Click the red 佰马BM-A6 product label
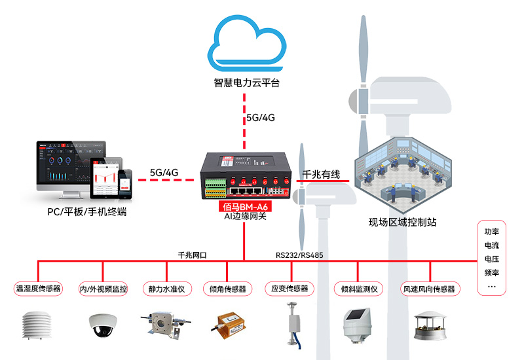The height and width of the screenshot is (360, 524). [x=244, y=206]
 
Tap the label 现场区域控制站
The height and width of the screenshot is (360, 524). [x=402, y=222]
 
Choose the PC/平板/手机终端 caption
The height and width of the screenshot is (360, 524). [x=87, y=212]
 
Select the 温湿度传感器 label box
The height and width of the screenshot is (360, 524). [x=38, y=289]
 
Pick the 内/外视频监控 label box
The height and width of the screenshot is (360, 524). [x=103, y=289]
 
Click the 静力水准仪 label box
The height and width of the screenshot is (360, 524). [x=166, y=289]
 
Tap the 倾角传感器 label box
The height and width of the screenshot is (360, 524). [x=227, y=289]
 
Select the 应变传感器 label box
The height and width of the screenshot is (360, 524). [x=291, y=289]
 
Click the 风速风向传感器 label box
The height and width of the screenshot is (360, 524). [x=429, y=289]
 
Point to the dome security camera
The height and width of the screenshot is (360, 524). [x=103, y=325]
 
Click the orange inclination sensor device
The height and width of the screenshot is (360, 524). [x=229, y=325]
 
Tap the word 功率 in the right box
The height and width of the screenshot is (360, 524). [x=491, y=231]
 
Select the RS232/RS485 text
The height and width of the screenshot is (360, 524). [x=299, y=255]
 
